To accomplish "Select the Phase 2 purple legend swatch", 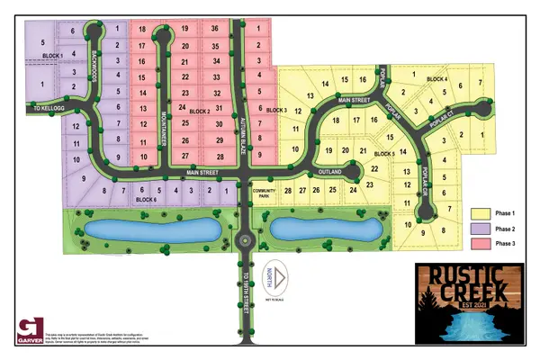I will pyautogui.click(x=480, y=229).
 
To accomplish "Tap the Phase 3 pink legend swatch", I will pyautogui.click(x=480, y=243).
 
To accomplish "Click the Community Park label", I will pyautogui.click(x=265, y=193).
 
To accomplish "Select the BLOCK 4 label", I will pyautogui.click(x=438, y=80).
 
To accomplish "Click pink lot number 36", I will pyautogui.click(x=214, y=29).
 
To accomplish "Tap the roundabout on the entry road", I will pyautogui.click(x=245, y=239).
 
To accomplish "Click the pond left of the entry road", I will pyautogui.click(x=153, y=230).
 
